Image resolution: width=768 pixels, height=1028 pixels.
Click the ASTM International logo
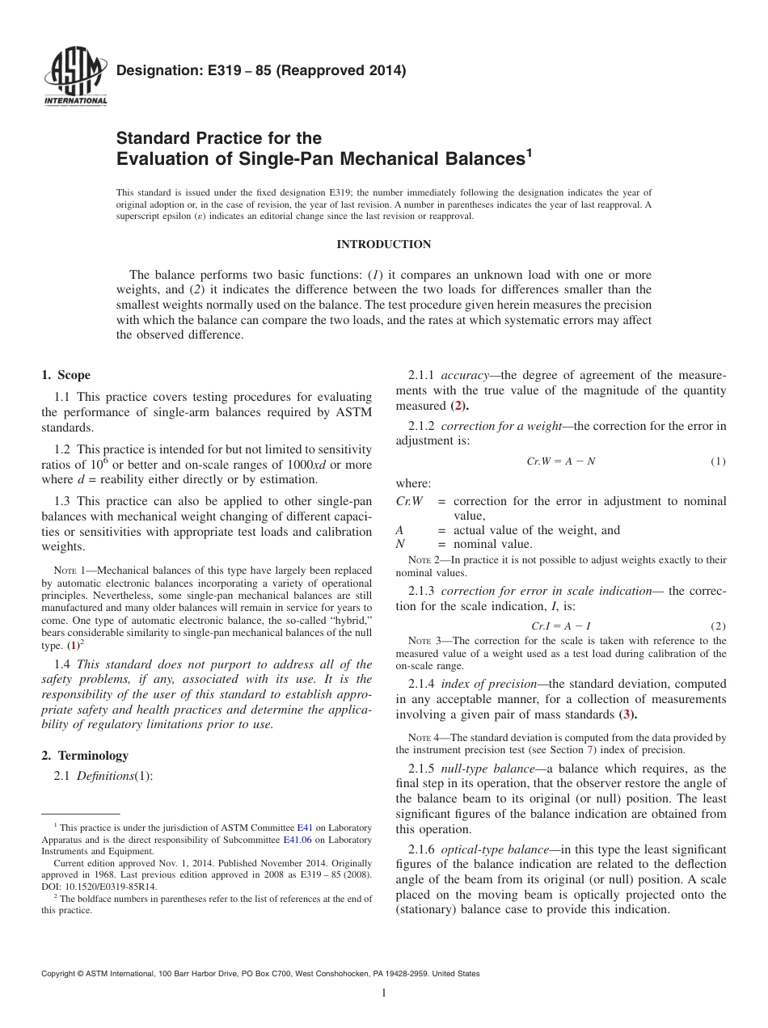(x=74, y=76)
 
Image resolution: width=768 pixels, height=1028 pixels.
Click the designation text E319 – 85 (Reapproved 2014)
(x=261, y=71)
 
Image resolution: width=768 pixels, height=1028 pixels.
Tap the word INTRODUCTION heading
(x=384, y=245)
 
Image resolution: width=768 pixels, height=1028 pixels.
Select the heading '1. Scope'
(x=65, y=375)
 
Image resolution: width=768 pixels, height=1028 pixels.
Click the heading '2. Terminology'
(x=85, y=756)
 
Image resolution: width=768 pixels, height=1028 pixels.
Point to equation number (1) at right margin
(x=718, y=461)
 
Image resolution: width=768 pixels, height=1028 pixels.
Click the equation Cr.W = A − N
(x=560, y=461)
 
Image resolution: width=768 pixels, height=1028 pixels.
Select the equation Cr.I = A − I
(x=560, y=626)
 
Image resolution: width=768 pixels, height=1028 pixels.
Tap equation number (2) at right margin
(x=718, y=626)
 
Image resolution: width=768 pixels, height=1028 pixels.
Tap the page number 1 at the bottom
(x=384, y=994)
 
